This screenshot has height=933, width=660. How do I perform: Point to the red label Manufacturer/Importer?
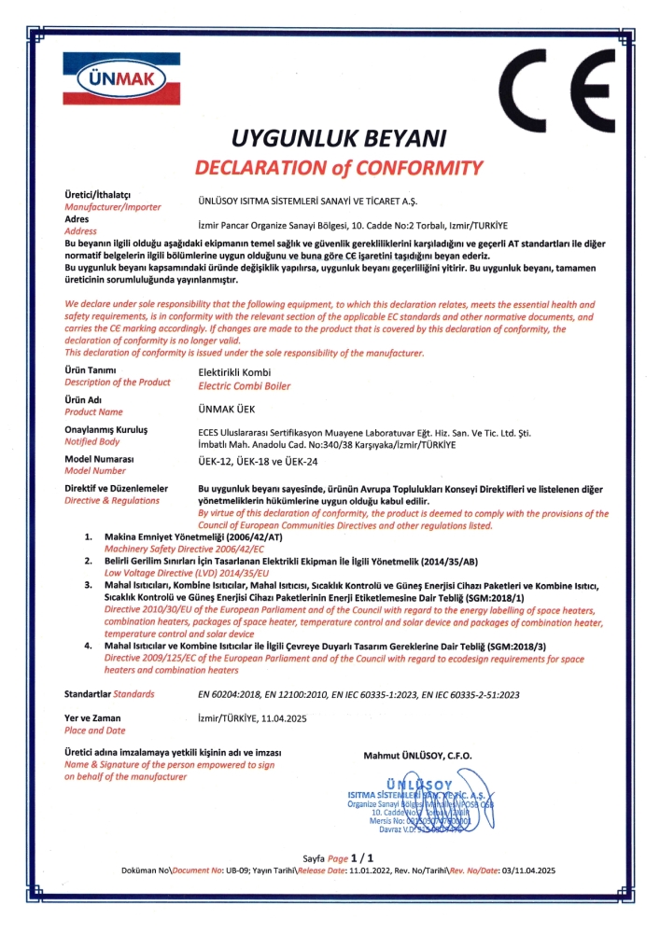click(x=112, y=206)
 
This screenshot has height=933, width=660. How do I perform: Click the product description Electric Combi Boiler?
click(x=245, y=385)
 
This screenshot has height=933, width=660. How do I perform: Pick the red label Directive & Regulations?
click(x=112, y=500)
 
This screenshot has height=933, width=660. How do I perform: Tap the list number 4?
click(x=88, y=645)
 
